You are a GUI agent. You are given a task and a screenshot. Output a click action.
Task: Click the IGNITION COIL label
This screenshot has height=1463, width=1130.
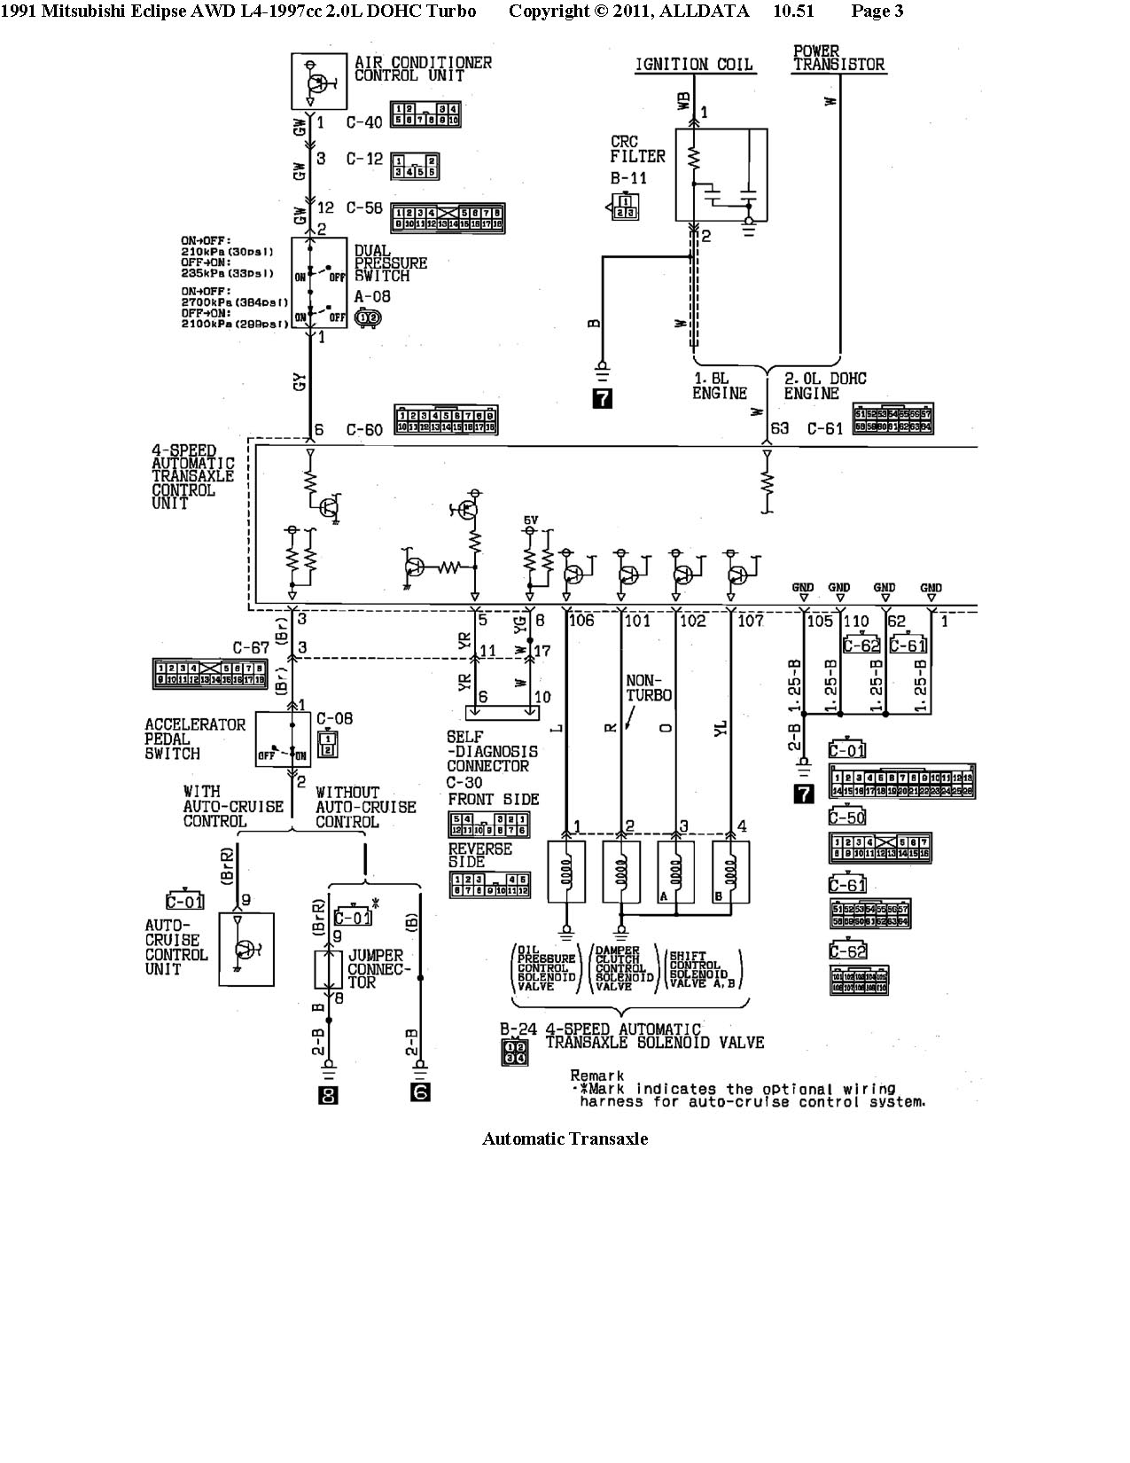pyautogui.click(x=693, y=65)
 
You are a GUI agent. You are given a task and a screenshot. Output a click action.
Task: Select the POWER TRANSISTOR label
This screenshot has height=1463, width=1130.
pyautogui.click(x=838, y=59)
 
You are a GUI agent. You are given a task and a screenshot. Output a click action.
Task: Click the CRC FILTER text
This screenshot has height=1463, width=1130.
pyautogui.click(x=637, y=150)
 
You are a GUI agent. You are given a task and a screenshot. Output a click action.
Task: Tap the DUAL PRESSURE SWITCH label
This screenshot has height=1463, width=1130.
pyautogui.click(x=390, y=263)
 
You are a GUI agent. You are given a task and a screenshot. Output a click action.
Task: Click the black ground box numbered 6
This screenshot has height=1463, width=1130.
pyautogui.click(x=420, y=1092)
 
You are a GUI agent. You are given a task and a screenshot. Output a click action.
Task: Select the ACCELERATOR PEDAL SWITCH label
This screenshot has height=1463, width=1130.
pyautogui.click(x=195, y=739)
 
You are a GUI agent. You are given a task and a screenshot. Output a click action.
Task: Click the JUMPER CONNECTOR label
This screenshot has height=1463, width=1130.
pyautogui.click(x=377, y=969)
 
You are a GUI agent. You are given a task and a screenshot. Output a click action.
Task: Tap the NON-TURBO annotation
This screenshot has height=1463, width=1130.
pyautogui.click(x=649, y=688)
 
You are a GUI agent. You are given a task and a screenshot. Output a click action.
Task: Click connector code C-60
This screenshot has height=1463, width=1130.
pyautogui.click(x=364, y=430)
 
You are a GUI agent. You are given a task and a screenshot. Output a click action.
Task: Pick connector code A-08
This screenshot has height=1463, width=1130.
pyautogui.click(x=372, y=297)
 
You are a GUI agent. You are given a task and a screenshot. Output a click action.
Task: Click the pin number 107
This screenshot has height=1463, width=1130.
pyautogui.click(x=750, y=621)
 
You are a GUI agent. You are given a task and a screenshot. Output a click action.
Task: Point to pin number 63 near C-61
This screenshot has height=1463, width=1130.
pyautogui.click(x=779, y=429)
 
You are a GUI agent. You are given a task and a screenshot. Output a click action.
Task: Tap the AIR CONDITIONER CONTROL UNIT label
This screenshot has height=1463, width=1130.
pyautogui.click(x=423, y=69)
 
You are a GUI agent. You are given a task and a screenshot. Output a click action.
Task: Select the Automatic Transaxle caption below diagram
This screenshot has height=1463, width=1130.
pyautogui.click(x=565, y=1138)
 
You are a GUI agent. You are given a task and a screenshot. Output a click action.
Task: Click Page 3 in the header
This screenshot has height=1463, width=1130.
pyautogui.click(x=877, y=11)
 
